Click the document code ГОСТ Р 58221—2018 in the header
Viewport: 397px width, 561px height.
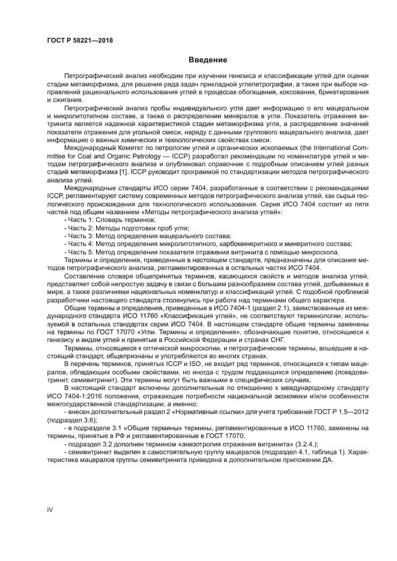coord(80,40)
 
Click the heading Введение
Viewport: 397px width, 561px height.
coord(208,60)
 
